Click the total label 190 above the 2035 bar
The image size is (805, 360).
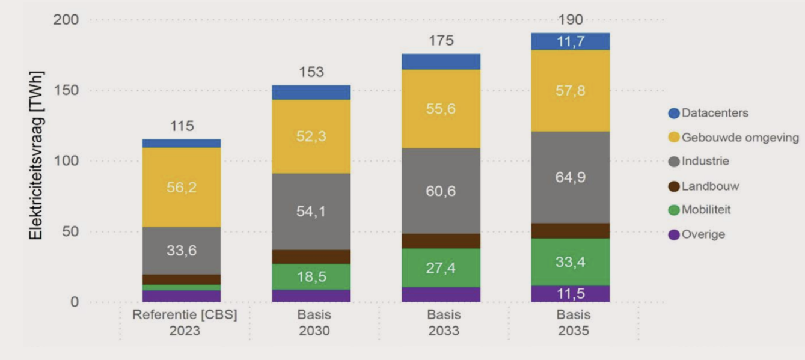[570, 20]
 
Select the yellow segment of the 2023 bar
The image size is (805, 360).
[181, 187]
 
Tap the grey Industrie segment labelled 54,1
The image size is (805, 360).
[311, 212]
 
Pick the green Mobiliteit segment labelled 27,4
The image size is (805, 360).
[441, 267]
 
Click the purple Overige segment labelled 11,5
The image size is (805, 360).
[570, 293]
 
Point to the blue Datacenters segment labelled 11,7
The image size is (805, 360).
[570, 41]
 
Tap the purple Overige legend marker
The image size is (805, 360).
[674, 234]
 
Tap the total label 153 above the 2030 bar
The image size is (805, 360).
[311, 72]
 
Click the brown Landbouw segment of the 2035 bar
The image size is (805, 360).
[570, 231]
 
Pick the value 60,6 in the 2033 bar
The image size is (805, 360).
[441, 191]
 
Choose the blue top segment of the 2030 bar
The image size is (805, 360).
[311, 92]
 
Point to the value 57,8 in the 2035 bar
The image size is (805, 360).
[570, 91]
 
